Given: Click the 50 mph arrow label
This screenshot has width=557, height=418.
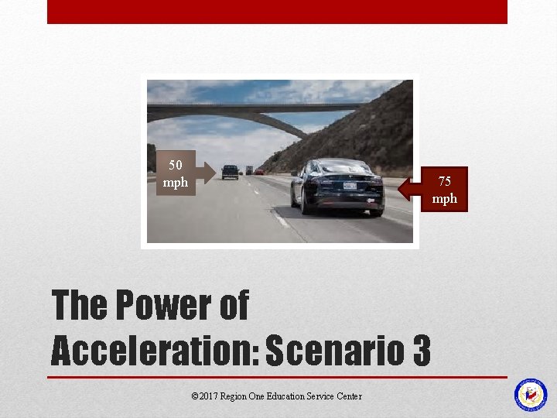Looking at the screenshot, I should (176, 173).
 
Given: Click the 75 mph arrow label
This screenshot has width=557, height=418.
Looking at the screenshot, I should (444, 190).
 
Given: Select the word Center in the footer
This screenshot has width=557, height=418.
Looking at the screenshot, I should (349, 396).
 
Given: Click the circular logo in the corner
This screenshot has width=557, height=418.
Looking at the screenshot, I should (531, 395).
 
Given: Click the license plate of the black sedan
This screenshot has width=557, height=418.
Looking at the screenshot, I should (350, 186).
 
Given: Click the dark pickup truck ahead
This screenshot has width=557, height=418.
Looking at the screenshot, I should (230, 171).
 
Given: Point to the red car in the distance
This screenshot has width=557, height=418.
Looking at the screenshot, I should (259, 171).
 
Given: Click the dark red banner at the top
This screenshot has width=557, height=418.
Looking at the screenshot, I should (277, 12).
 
